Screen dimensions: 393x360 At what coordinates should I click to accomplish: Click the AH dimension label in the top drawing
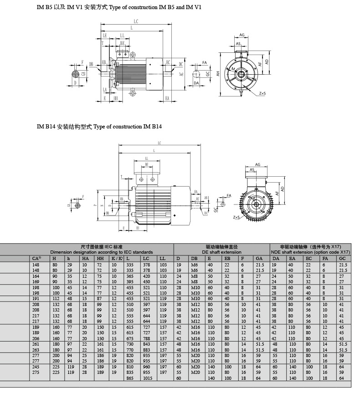coord(218,73)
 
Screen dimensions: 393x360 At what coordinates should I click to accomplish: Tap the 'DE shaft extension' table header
coord(221,251)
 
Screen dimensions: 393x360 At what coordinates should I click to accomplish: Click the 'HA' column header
coord(85,258)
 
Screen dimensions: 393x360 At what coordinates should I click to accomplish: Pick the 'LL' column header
coord(163,258)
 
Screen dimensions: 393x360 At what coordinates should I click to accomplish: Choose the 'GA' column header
coord(259,258)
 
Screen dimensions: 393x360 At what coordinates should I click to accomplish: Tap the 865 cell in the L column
coord(131,378)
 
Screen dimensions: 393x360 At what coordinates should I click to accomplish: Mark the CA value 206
coord(36,338)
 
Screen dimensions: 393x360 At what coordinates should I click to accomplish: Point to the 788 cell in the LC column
coord(146,338)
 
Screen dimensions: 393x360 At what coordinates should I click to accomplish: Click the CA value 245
coord(36,367)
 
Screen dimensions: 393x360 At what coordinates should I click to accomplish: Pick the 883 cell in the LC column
coord(146,350)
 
